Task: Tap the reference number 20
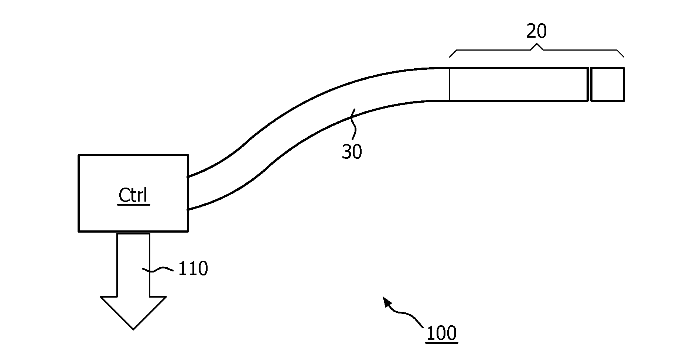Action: coord(536,31)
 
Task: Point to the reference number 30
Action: coord(352,151)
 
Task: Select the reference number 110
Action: coord(193,268)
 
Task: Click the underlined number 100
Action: coord(441,333)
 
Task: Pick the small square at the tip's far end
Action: coord(607,84)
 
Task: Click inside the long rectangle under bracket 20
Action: coord(518,84)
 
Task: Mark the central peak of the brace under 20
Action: coord(537,46)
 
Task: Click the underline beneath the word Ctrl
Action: coord(133,204)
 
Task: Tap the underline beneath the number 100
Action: coord(441,343)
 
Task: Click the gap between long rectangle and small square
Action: coord(589,84)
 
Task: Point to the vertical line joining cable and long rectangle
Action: coord(449,84)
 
